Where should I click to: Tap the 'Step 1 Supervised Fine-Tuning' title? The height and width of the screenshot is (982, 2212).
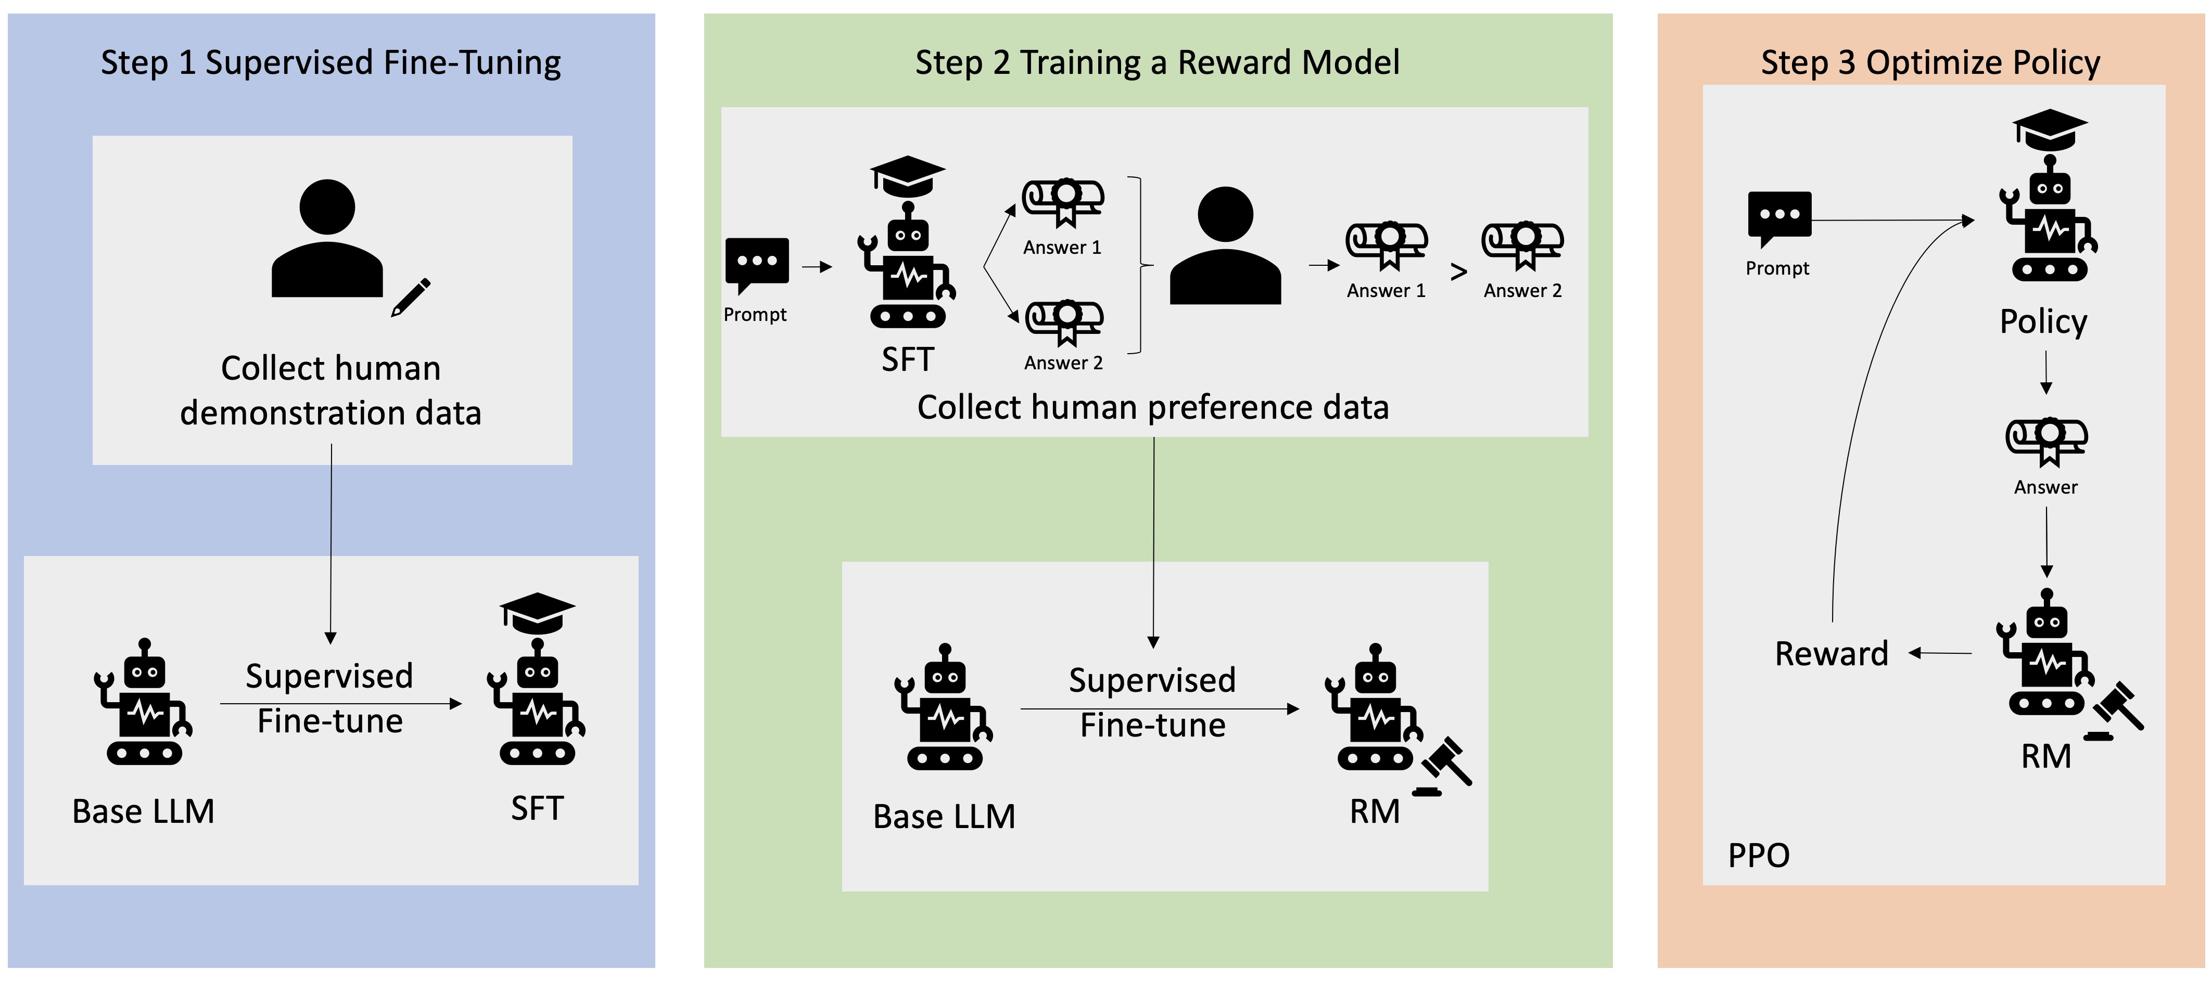coord(330,62)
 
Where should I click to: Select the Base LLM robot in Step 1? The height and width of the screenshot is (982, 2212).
coord(144,703)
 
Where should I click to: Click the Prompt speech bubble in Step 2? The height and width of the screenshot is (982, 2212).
coord(757,264)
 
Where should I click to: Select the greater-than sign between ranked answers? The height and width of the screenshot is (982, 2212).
coord(1458,272)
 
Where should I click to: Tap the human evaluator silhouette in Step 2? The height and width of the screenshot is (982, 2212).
coord(1225,247)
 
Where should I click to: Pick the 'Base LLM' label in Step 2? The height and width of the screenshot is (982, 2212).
coord(944,816)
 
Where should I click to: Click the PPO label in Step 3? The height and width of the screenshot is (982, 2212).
coord(1759,855)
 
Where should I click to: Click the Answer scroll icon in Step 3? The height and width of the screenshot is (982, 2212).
coord(2046,441)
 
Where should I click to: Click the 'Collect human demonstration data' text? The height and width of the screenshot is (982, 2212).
coord(330,391)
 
